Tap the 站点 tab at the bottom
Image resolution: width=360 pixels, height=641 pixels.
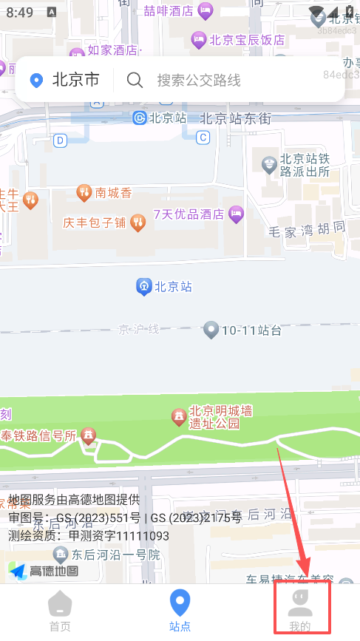180,610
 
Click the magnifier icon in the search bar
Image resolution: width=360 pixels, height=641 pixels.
135,80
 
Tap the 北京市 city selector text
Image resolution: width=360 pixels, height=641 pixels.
75,80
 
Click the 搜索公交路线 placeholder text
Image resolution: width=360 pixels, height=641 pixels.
199,80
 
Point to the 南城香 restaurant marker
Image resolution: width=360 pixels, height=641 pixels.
84,193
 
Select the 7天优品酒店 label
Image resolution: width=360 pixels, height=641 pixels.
189,214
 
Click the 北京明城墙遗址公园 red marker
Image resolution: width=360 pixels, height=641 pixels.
179,417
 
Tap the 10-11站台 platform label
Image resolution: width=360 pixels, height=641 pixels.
251,330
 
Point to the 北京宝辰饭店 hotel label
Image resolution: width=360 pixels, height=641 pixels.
247,40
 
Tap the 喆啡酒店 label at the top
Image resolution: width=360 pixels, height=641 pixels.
168,10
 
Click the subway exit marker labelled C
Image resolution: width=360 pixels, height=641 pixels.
203,137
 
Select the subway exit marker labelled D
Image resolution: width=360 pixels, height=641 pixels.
60,139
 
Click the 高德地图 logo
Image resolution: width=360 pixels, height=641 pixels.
44,571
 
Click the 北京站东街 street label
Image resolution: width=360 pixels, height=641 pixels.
236,118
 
